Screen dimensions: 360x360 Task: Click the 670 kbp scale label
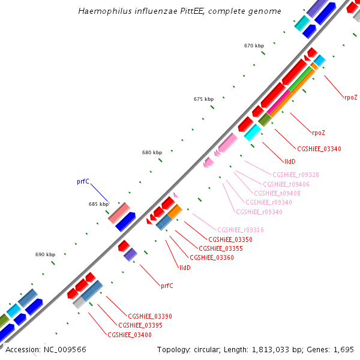(x=254, y=46)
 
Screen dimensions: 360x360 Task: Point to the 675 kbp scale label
(x=203, y=99)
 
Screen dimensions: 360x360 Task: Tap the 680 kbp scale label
(x=152, y=152)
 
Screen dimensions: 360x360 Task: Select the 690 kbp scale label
(x=45, y=254)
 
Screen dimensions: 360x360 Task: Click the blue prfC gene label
(x=83, y=181)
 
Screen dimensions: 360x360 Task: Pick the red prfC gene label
(x=167, y=286)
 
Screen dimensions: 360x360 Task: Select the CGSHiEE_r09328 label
(x=296, y=175)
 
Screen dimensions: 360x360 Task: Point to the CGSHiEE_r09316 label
(x=241, y=230)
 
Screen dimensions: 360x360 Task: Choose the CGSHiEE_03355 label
(x=220, y=248)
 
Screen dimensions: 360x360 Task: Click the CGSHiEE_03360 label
(x=211, y=257)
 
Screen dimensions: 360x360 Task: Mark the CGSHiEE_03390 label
(x=150, y=316)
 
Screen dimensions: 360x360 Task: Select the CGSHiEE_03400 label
(x=130, y=335)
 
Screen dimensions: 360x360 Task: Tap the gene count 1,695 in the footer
(x=343, y=349)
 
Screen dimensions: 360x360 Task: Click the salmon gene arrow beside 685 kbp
(x=119, y=212)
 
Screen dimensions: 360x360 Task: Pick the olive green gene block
(x=265, y=119)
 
